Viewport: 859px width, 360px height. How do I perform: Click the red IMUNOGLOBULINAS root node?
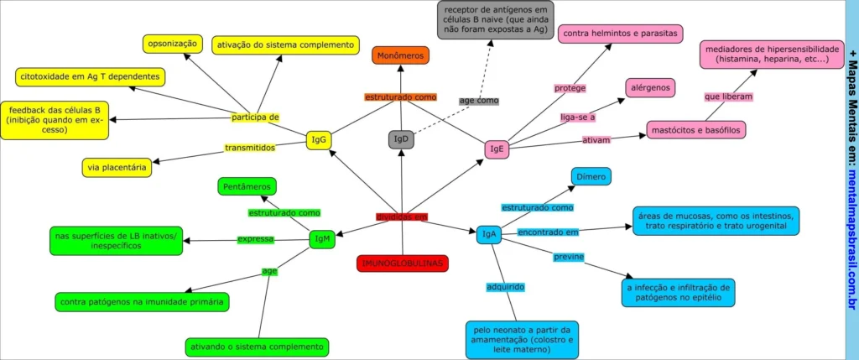(402, 263)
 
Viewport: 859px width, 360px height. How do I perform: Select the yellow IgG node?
(318, 140)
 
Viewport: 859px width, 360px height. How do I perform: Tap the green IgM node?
(321, 240)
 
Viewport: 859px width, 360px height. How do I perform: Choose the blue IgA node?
(488, 234)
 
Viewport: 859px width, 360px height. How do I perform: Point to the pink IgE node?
(496, 149)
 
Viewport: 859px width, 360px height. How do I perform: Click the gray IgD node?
(401, 139)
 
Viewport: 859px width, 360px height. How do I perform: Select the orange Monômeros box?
(401, 55)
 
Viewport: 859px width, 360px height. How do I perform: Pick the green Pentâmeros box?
(247, 186)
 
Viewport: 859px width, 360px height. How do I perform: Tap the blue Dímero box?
(591, 176)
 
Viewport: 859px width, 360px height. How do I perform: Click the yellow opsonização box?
(172, 43)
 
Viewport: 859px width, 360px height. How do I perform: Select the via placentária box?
(117, 167)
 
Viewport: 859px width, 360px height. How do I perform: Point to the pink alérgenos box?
(650, 87)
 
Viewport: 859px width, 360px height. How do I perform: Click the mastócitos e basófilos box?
(695, 130)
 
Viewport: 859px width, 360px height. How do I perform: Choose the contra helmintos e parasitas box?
(620, 34)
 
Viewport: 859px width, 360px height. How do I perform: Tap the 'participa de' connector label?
(256, 117)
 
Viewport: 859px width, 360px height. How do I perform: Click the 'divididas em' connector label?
(401, 217)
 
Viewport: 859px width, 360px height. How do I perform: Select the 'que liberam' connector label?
(728, 97)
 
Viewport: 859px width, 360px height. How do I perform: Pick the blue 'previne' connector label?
(568, 256)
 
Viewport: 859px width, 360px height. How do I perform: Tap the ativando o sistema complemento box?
(258, 347)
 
